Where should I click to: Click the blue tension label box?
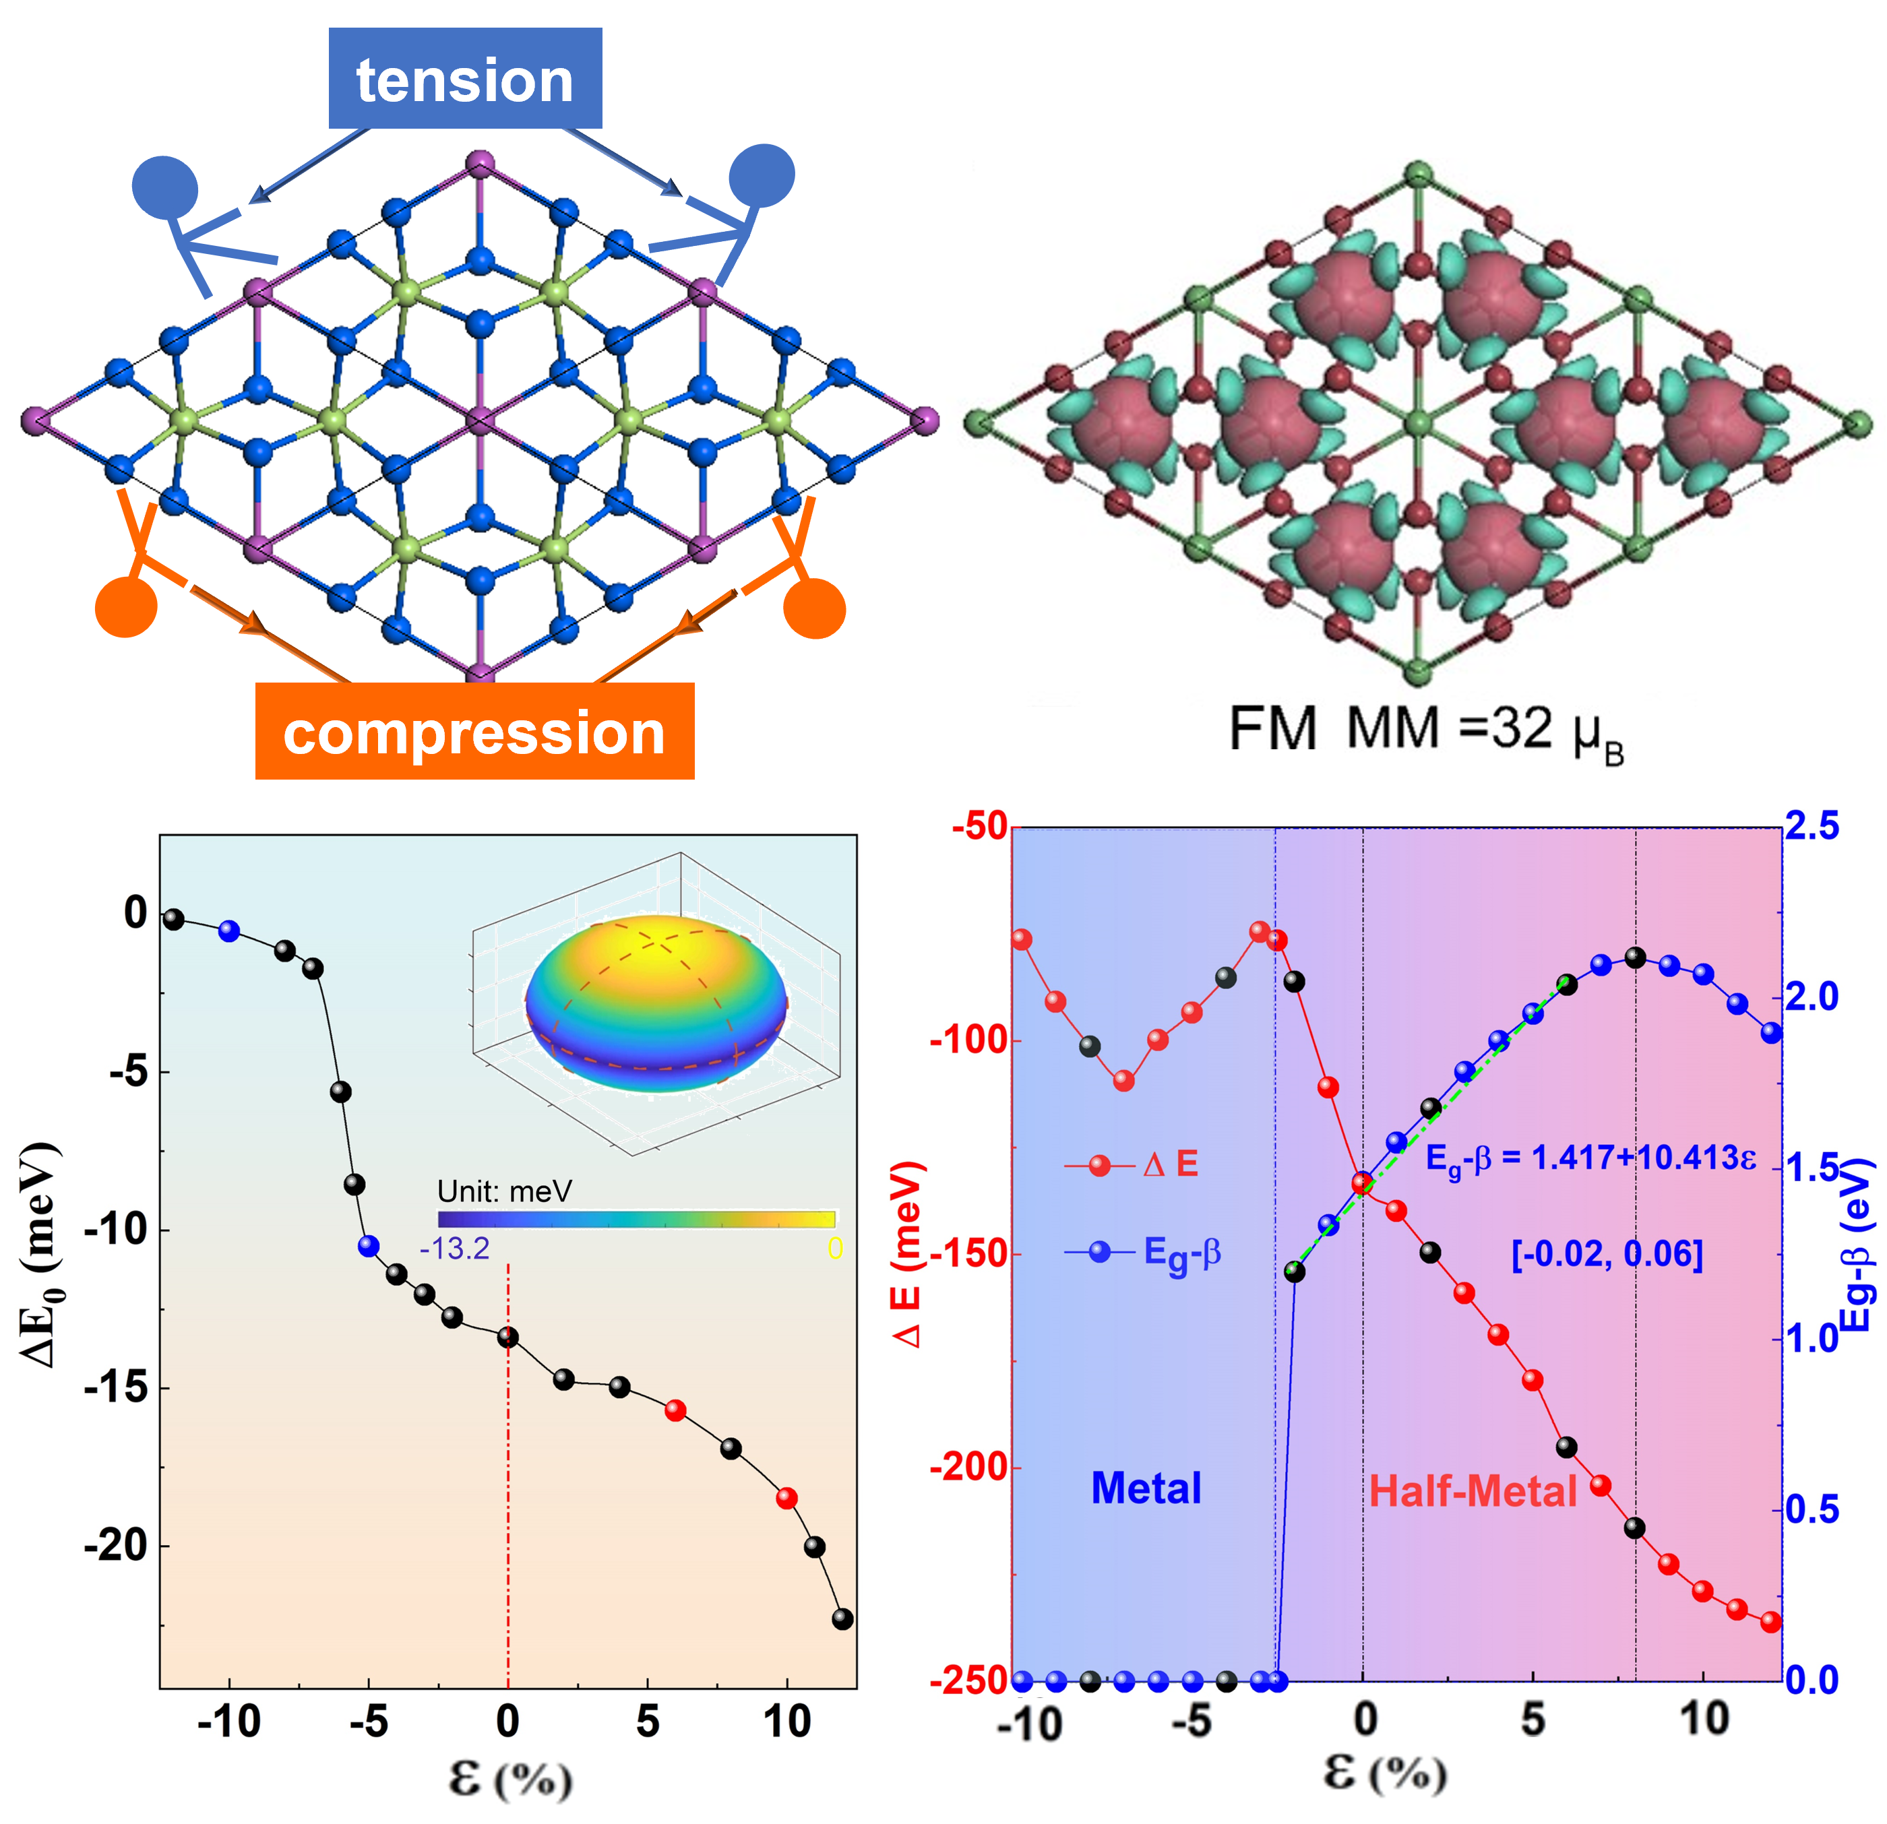pyautogui.click(x=465, y=78)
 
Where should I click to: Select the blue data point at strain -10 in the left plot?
pyautogui.click(x=229, y=931)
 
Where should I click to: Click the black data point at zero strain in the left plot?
pyautogui.click(x=508, y=1337)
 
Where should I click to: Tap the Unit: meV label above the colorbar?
pyautogui.click(x=505, y=1191)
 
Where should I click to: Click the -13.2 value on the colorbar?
pyautogui.click(x=454, y=1249)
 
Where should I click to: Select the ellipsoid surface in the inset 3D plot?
pyautogui.click(x=656, y=1001)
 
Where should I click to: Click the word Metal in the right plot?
pyautogui.click(x=1146, y=1488)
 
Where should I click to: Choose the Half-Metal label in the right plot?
pyautogui.click(x=1473, y=1491)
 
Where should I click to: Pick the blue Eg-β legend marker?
pyautogui.click(x=1099, y=1252)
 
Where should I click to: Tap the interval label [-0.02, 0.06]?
pyautogui.click(x=1607, y=1254)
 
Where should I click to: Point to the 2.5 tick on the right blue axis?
pyautogui.click(x=1812, y=826)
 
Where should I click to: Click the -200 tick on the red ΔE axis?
pyautogui.click(x=968, y=1468)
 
